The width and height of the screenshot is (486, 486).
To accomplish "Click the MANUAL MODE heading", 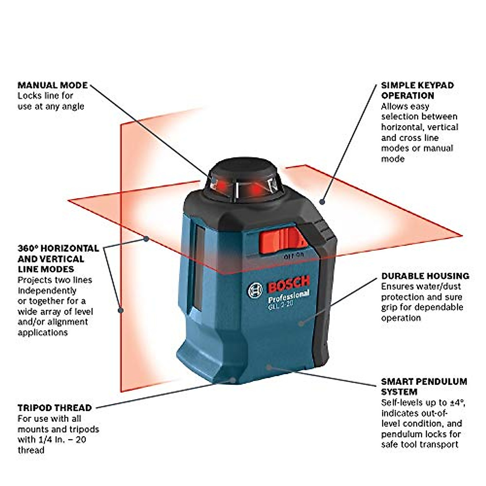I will pyautogui.click(x=53, y=85).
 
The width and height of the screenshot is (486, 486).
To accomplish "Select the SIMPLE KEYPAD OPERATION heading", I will pyautogui.click(x=417, y=91).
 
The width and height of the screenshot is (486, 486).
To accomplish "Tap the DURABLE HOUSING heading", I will pyautogui.click(x=425, y=276).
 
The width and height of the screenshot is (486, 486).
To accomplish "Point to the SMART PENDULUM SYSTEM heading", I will pyautogui.click(x=424, y=387).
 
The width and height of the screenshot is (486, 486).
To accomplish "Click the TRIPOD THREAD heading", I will pyautogui.click(x=55, y=408).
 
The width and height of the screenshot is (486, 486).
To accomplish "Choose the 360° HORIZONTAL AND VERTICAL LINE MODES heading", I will pyautogui.click(x=58, y=259).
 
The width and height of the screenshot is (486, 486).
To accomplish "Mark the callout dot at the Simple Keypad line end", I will pyautogui.click(x=322, y=201).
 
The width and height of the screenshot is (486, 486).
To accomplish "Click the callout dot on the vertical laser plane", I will pyautogui.click(x=121, y=310).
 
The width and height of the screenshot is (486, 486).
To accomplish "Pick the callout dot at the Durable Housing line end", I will pyautogui.click(x=301, y=323).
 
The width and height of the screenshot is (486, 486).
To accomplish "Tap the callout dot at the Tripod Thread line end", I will pyautogui.click(x=233, y=380).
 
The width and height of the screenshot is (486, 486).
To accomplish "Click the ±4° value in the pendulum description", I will pyautogui.click(x=456, y=403).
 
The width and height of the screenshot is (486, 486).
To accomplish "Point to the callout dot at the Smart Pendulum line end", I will pyautogui.click(x=269, y=367).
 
